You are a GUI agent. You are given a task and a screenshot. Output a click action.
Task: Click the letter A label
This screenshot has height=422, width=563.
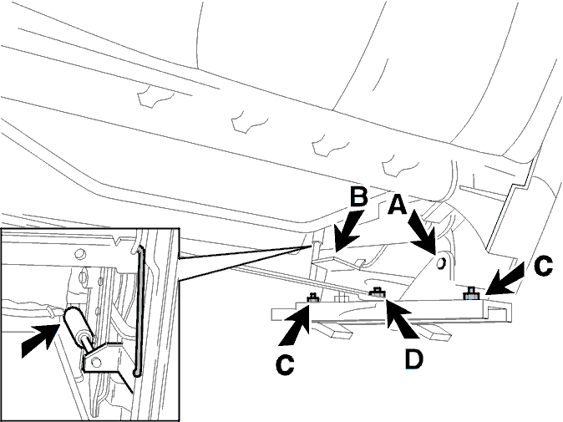click(398, 204)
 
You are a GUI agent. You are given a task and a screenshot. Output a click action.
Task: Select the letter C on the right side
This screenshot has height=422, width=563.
click(543, 266)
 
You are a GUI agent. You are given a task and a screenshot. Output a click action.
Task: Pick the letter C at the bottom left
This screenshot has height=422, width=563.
click(286, 366)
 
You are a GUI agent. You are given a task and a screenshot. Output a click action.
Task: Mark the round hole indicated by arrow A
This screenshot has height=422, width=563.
click(440, 263)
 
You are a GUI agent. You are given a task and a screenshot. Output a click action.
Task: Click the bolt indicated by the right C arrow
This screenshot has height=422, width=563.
click(471, 293)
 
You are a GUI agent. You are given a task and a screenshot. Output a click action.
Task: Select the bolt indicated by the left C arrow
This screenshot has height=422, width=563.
click(313, 297)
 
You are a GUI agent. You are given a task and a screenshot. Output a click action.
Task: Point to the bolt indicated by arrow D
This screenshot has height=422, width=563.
click(377, 292)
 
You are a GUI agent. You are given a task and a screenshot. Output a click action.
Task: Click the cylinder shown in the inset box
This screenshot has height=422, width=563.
click(77, 323)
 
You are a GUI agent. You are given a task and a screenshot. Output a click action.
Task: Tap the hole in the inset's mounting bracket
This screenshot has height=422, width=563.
click(96, 363)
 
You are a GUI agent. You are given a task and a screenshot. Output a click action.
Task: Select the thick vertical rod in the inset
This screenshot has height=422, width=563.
click(139, 311)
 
